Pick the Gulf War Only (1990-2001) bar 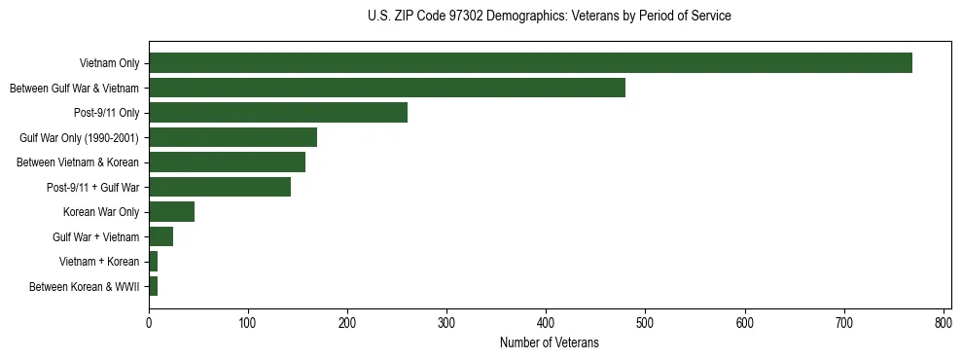tap(232, 137)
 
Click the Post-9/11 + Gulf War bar tap(220, 187)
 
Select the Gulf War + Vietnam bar tap(160, 236)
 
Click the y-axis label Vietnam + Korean tap(98, 262)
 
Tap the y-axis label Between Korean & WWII tap(84, 287)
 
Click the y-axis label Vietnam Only tap(109, 64)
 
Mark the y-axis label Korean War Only tap(101, 212)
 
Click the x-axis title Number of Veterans tap(549, 342)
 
